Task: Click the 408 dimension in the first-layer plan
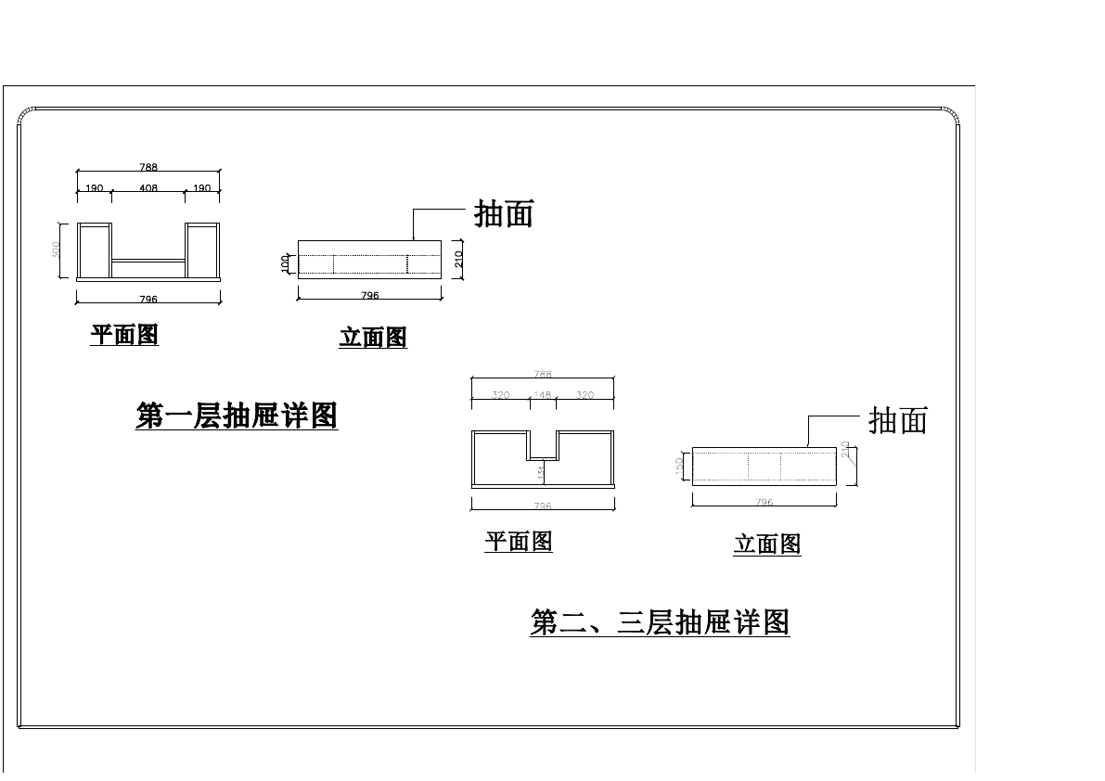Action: point(148,188)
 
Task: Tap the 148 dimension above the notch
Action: point(543,395)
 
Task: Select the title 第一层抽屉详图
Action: point(237,416)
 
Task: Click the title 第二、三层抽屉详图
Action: point(660,621)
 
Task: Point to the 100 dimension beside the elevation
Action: point(286,263)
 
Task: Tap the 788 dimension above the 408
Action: point(148,168)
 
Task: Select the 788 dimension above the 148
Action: point(543,375)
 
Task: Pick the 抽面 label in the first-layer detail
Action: point(504,214)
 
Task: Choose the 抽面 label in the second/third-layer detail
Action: point(897,421)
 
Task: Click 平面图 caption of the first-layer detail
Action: point(124,335)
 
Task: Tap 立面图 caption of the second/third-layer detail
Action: point(767,544)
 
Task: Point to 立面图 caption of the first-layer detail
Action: point(373,338)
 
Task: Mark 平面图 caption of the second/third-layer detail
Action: point(519,542)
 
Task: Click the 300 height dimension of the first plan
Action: point(57,250)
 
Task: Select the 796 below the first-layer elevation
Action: point(369,296)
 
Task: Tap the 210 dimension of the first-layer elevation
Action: point(458,259)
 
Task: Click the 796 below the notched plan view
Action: point(543,506)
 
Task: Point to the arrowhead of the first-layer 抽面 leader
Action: point(414,239)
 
